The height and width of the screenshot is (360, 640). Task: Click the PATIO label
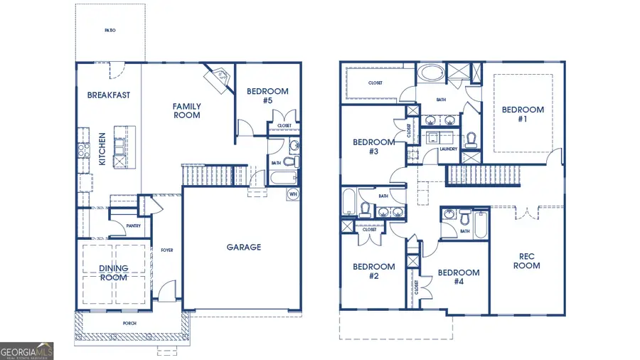coord(110,31)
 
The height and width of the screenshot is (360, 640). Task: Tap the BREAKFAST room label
coord(109,95)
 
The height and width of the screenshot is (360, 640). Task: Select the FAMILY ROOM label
coord(186,110)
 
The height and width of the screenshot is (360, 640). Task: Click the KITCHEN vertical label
coord(102,149)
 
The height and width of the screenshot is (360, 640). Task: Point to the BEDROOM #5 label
coord(267,95)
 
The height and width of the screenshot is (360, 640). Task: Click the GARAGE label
coord(244,248)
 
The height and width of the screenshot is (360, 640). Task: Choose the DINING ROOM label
coord(114,272)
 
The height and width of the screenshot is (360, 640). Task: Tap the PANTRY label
coord(133,226)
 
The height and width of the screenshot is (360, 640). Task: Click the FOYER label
coord(167,250)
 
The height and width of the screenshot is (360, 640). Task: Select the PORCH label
coord(129,324)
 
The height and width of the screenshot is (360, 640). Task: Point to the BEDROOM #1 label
coord(523,114)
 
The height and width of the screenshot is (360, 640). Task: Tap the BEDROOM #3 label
coord(374,147)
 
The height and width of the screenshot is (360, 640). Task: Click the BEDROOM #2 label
coord(374,271)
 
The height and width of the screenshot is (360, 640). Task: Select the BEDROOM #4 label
coord(459,277)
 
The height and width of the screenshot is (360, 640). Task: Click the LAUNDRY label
coord(448,149)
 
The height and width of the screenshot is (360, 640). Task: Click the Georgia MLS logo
coord(27,351)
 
